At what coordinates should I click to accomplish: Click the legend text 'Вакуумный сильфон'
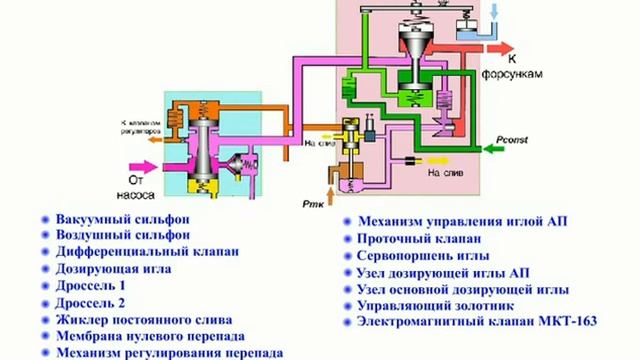click(123, 218)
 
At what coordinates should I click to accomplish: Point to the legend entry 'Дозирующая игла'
click(113, 268)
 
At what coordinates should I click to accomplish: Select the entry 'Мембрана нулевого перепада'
click(150, 336)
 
